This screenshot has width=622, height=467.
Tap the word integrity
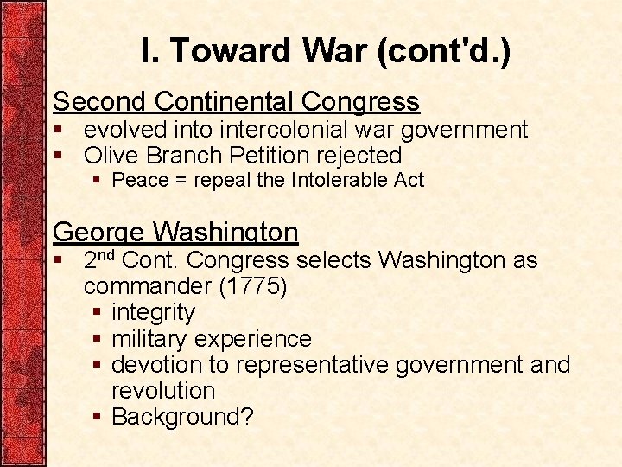coord(153,312)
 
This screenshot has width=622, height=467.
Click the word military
coord(155,339)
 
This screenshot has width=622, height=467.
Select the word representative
coord(314,365)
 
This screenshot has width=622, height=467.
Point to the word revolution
coord(162,391)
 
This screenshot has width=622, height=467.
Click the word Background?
coord(182,417)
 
